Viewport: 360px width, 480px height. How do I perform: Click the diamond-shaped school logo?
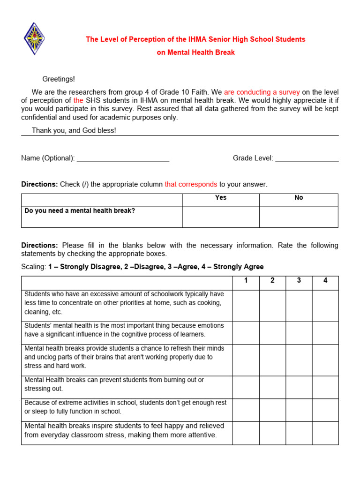click(x=34, y=38)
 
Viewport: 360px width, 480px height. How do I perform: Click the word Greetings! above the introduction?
click(x=59, y=79)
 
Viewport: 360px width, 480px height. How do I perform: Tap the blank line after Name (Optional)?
click(x=123, y=158)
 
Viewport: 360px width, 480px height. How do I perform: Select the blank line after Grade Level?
click(x=307, y=158)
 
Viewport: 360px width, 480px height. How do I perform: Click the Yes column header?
click(x=221, y=198)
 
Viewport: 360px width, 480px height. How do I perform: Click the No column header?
click(x=299, y=198)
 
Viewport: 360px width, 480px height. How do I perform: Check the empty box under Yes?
click(x=221, y=217)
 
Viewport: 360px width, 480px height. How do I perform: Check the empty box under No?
click(x=299, y=217)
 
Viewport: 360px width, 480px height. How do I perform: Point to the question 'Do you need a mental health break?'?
click(x=80, y=211)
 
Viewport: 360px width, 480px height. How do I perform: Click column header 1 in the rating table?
click(x=246, y=281)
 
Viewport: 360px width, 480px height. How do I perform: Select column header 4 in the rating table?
click(x=325, y=281)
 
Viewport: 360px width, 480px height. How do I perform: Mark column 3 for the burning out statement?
click(x=299, y=387)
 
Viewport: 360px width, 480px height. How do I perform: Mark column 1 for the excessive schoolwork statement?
click(x=246, y=306)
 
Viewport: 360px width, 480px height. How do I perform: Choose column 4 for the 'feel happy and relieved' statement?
click(x=325, y=433)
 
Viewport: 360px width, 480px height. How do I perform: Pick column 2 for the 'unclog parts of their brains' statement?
click(x=272, y=360)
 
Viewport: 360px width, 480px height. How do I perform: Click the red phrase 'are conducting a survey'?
click(x=262, y=92)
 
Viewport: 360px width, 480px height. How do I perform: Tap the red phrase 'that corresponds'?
click(x=191, y=184)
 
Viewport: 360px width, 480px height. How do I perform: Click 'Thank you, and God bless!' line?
click(x=74, y=130)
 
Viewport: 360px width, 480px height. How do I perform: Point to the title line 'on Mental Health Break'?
click(x=195, y=52)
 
